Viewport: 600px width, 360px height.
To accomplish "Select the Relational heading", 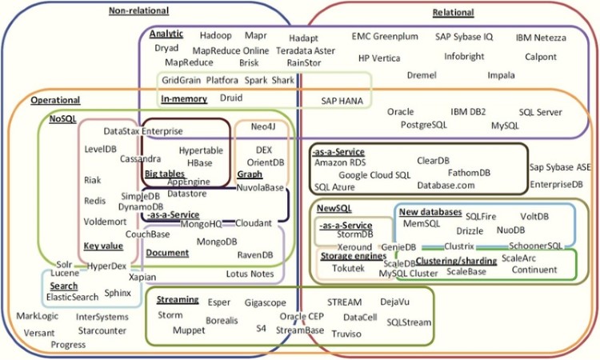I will [453, 13].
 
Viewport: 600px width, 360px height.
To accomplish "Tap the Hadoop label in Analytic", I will [215, 36].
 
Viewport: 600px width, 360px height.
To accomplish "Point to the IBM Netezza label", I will [541, 38].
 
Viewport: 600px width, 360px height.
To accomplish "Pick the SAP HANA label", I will [342, 101].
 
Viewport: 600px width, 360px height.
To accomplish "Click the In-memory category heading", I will [184, 98].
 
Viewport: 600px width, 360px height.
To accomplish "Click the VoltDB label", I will [534, 216].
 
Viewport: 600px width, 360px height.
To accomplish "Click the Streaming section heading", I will [178, 299].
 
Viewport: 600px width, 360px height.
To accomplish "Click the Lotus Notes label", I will [249, 274].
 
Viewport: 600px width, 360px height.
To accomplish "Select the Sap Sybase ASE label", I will [560, 167].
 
